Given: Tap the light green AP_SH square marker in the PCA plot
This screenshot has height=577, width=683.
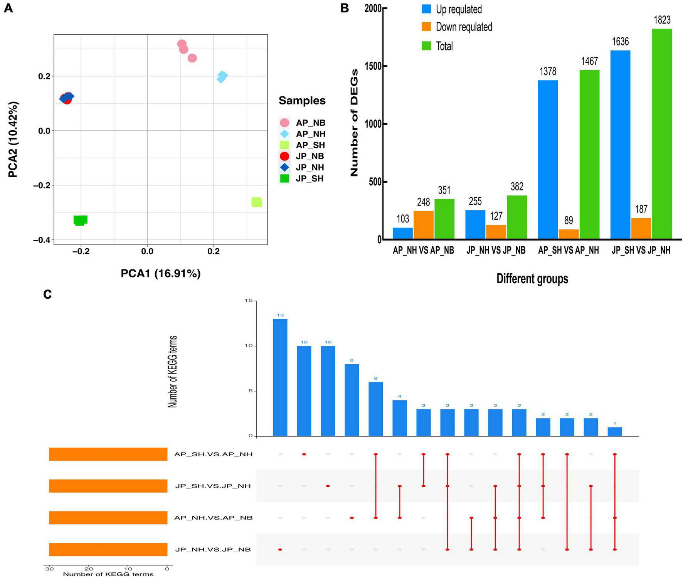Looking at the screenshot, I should coord(257,202).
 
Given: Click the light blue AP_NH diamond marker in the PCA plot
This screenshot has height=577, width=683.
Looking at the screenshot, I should coord(222,77).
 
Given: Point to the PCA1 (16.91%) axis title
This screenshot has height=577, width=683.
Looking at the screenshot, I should coord(160,273).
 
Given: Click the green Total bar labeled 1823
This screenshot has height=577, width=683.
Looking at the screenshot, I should coord(662,134).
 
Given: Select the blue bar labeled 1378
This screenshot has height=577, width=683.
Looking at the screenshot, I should coord(548,160).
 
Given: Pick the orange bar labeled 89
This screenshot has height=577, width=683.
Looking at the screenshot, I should coord(569,234).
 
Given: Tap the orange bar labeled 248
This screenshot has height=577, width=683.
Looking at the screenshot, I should coord(424,225).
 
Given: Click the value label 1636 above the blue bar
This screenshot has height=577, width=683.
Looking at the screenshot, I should coord(620,42).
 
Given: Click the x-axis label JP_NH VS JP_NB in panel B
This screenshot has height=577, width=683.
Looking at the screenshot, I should coord(496,251).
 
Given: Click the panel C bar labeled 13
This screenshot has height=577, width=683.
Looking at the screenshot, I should coord(280,377).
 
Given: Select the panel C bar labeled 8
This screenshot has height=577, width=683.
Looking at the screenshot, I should coord(352,400).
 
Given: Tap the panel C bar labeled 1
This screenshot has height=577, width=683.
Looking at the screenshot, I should coord(614,432).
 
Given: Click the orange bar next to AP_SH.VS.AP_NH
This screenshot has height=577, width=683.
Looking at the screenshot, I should coord(108,454).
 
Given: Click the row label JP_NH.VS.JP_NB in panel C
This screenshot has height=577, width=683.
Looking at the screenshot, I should coord(213,549).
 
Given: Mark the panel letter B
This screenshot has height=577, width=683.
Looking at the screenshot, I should coord(345,8).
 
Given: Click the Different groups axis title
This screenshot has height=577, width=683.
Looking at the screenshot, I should coord(532,279).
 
